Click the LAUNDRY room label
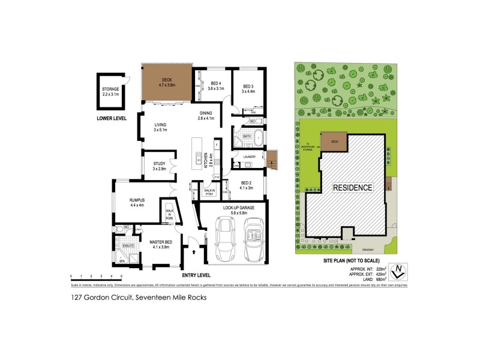point(249,157)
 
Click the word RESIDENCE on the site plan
point(353,187)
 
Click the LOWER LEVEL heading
point(112,118)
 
